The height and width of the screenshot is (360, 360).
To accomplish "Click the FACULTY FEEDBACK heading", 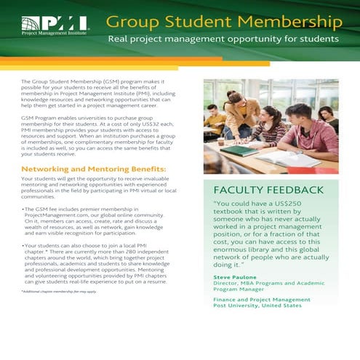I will coord(263,190).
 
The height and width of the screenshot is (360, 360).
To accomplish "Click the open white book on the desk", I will coord(292,159).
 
